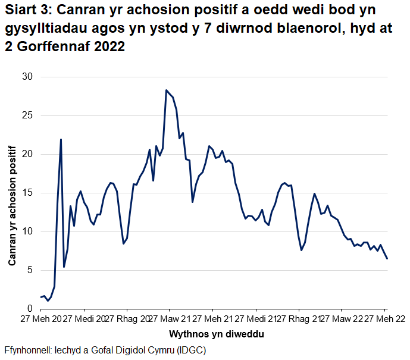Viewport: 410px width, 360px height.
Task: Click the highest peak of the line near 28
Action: coord(166,90)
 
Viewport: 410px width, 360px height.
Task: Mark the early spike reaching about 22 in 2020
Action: coord(61,139)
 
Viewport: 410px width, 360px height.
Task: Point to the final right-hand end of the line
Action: coord(387,258)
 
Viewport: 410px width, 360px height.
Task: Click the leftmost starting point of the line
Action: coord(40,297)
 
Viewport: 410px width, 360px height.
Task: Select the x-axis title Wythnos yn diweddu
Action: coord(217,334)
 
